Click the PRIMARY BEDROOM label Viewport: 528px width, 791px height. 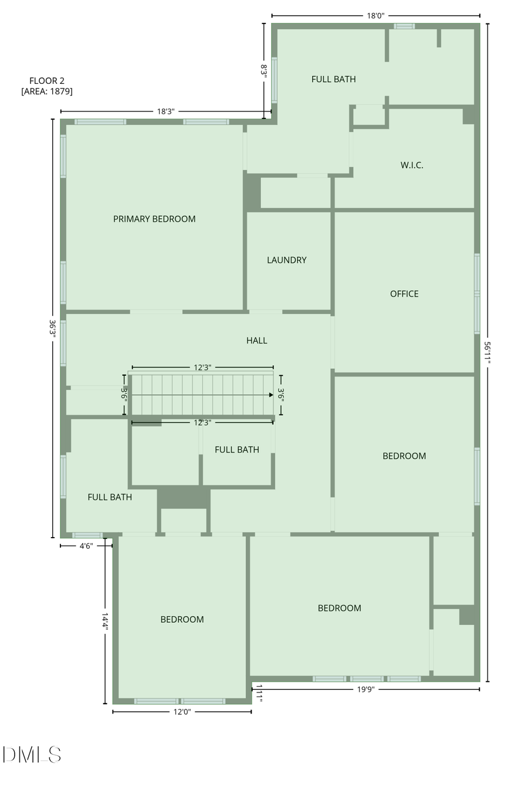point(154,219)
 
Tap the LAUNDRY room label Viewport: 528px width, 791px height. point(286,260)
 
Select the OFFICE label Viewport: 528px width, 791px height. point(404,294)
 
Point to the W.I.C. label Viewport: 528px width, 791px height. point(412,165)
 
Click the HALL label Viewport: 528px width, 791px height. point(257,340)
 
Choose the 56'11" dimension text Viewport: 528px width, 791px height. point(487,353)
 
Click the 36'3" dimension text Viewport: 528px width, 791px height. point(53,328)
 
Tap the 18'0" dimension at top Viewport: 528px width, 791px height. point(375,16)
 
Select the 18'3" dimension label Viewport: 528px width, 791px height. point(165,111)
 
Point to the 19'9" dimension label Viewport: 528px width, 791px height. point(365,690)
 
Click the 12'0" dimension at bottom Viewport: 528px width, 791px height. point(182,712)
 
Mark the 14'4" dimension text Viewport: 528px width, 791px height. point(105,621)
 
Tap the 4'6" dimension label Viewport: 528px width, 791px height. point(86,546)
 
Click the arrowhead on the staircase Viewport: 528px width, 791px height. point(270,395)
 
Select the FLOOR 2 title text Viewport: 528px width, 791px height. point(47,81)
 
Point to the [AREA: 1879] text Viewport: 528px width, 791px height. point(47,91)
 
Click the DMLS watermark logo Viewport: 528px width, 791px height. point(32,754)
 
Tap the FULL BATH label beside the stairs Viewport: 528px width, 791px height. point(237,450)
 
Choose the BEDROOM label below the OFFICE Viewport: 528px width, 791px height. point(404,456)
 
